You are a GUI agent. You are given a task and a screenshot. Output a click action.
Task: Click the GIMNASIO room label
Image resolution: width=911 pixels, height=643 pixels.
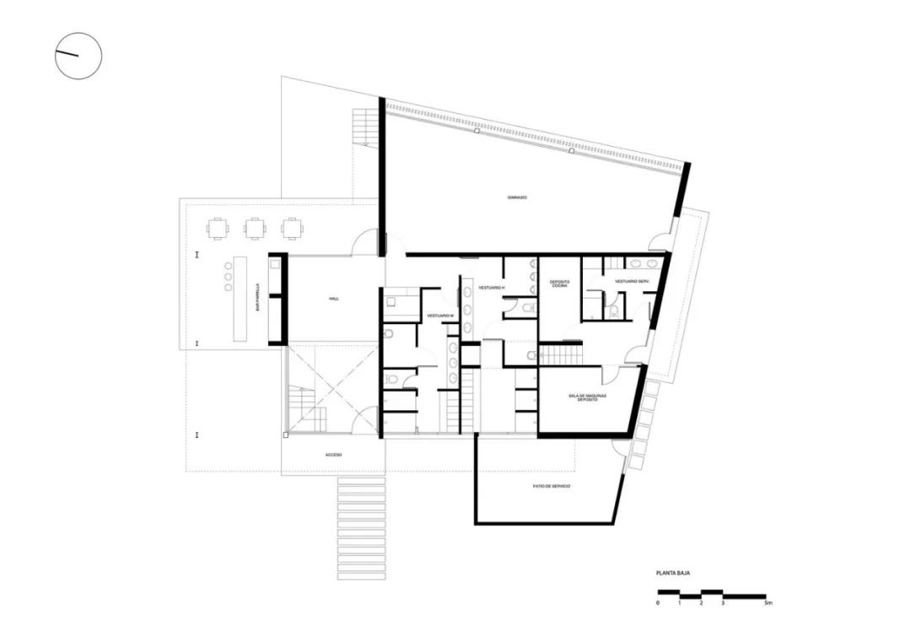click(x=517, y=197)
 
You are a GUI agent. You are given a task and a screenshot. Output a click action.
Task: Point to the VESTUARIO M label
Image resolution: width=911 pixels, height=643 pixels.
click(x=440, y=316)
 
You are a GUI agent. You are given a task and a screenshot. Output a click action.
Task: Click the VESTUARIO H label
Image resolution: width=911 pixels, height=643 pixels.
click(x=491, y=289)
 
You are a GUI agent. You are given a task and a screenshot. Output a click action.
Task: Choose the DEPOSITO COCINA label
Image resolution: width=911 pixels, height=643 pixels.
click(x=559, y=284)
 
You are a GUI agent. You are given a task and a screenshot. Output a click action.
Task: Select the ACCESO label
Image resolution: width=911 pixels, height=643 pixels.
click(x=333, y=455)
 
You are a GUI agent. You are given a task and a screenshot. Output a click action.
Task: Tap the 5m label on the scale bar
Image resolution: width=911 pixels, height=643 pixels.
click(x=767, y=604)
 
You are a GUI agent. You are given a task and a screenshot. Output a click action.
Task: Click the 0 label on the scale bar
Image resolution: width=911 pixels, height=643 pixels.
click(x=658, y=604)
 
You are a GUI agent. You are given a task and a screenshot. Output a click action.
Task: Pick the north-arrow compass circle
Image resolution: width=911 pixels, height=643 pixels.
click(x=78, y=56)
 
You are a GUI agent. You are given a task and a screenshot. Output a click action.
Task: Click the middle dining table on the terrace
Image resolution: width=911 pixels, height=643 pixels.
click(x=255, y=228)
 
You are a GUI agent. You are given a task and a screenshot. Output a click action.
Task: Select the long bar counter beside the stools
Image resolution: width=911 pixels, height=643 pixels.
click(x=240, y=300)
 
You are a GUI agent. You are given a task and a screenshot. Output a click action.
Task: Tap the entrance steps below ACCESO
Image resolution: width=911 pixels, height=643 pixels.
click(x=362, y=528)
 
